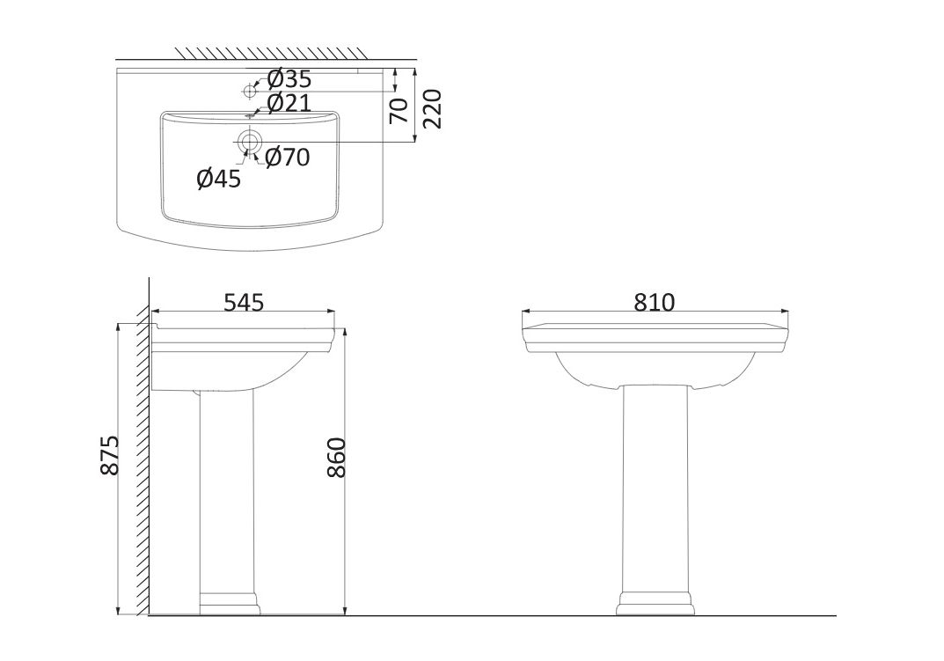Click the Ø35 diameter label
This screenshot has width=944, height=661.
click(289, 79)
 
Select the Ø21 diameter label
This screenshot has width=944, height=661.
click(289, 104)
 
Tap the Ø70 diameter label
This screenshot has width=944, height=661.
click(287, 158)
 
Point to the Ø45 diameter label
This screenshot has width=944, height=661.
click(219, 179)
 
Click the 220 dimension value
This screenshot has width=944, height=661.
click(433, 108)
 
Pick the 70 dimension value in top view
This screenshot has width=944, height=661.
click(399, 110)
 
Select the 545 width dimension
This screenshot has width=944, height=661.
click(244, 303)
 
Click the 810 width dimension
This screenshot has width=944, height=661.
click(655, 303)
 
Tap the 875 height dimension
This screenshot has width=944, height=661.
click(110, 455)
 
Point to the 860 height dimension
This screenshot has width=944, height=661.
click(337, 458)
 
